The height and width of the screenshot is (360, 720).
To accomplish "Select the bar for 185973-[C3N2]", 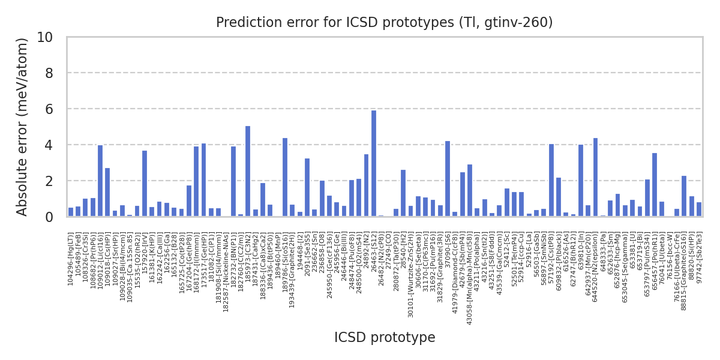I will pos(248,171).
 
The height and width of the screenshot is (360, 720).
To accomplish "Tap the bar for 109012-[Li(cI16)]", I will pos(100,181).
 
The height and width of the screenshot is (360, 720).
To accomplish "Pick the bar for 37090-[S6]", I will pos(448,179).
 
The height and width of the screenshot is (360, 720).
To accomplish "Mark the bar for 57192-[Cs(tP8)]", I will pos(551,180).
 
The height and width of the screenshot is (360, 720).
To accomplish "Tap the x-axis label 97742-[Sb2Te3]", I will pos(699,250).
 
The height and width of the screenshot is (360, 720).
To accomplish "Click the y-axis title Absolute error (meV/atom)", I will pos(22,127).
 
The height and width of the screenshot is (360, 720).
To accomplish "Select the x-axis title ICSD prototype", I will pos(385,338).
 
